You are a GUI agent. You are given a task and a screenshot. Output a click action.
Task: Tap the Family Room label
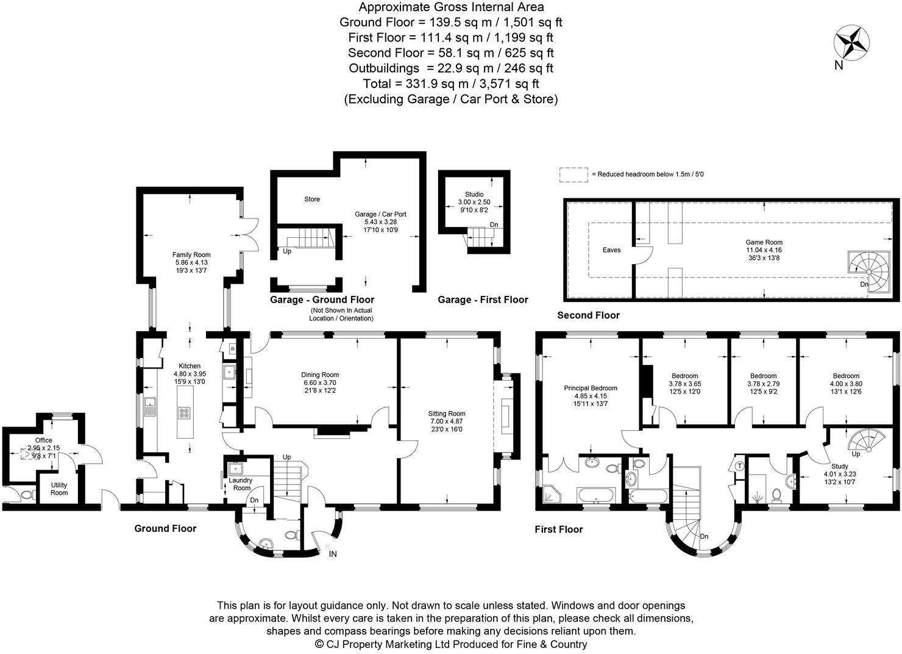point(191,255)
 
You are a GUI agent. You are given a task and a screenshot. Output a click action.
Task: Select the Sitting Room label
point(446,414)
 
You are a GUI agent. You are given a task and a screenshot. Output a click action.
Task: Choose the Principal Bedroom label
point(590,388)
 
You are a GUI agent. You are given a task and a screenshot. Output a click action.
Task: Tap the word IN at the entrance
point(333,554)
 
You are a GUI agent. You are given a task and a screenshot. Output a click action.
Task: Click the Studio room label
point(474,195)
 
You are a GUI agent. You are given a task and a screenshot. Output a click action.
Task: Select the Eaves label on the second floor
point(611,250)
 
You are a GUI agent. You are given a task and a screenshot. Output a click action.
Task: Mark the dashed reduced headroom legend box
point(574,174)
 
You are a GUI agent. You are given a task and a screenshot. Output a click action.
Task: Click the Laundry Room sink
point(235,469)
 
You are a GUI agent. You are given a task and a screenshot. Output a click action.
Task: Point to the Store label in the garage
point(312,199)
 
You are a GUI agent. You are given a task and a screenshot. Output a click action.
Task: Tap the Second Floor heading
point(588,315)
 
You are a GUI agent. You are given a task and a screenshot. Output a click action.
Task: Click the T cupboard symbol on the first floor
point(739,466)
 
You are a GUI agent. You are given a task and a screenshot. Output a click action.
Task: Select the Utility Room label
point(59,489)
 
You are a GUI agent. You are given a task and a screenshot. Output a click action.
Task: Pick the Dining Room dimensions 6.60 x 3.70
point(319,383)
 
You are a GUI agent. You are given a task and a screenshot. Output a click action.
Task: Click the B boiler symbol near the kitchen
point(232,349)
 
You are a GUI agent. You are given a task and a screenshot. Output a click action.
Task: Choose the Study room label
point(839,466)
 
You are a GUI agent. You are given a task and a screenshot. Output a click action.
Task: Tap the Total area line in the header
point(450,84)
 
